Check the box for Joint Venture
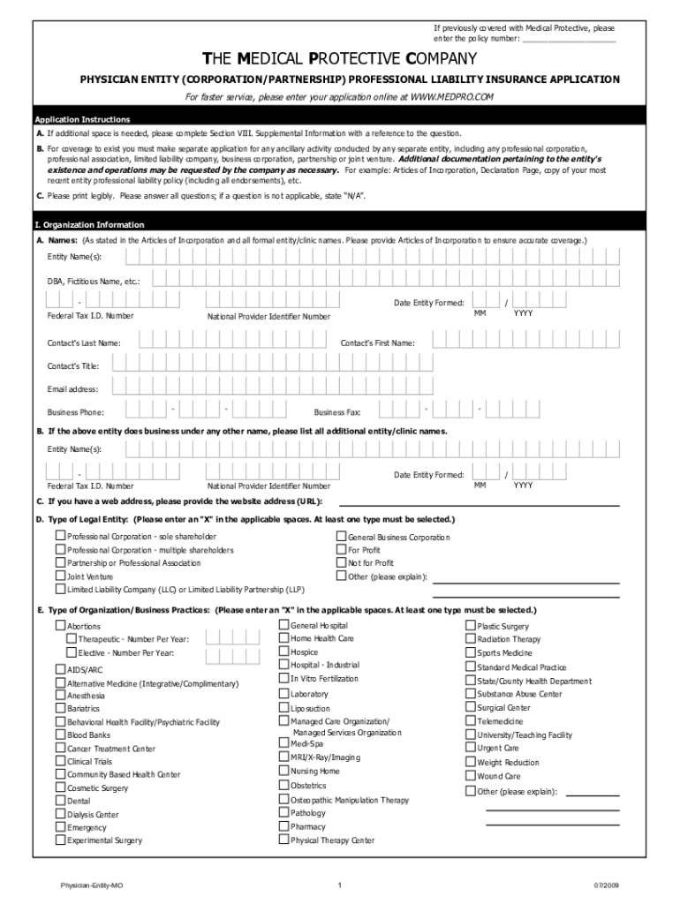point(61,576)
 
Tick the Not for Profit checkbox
point(341,562)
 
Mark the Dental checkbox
point(61,801)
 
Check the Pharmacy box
point(284,826)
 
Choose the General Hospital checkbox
point(284,625)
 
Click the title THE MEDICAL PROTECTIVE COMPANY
point(340,59)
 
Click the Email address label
point(72,388)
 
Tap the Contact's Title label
point(73,365)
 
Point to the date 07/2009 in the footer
point(606,885)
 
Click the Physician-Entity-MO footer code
point(86,885)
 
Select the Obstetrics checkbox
point(284,785)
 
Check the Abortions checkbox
point(61,626)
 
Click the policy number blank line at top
point(569,40)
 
